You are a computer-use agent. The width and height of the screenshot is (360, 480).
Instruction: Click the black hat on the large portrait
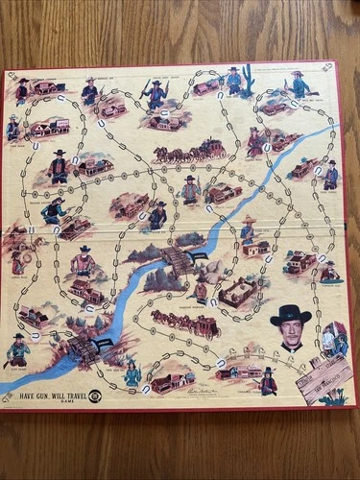pyautogui.click(x=290, y=314)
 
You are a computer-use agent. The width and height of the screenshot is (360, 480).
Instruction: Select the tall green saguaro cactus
pyautogui.click(x=248, y=79)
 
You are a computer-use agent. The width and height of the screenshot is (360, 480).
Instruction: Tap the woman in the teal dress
pyautogui.click(x=132, y=372)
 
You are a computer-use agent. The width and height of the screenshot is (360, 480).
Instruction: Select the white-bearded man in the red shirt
pyautogui.click(x=84, y=260)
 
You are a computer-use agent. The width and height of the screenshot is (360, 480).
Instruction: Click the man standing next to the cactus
pyautogui.click(x=233, y=80)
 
